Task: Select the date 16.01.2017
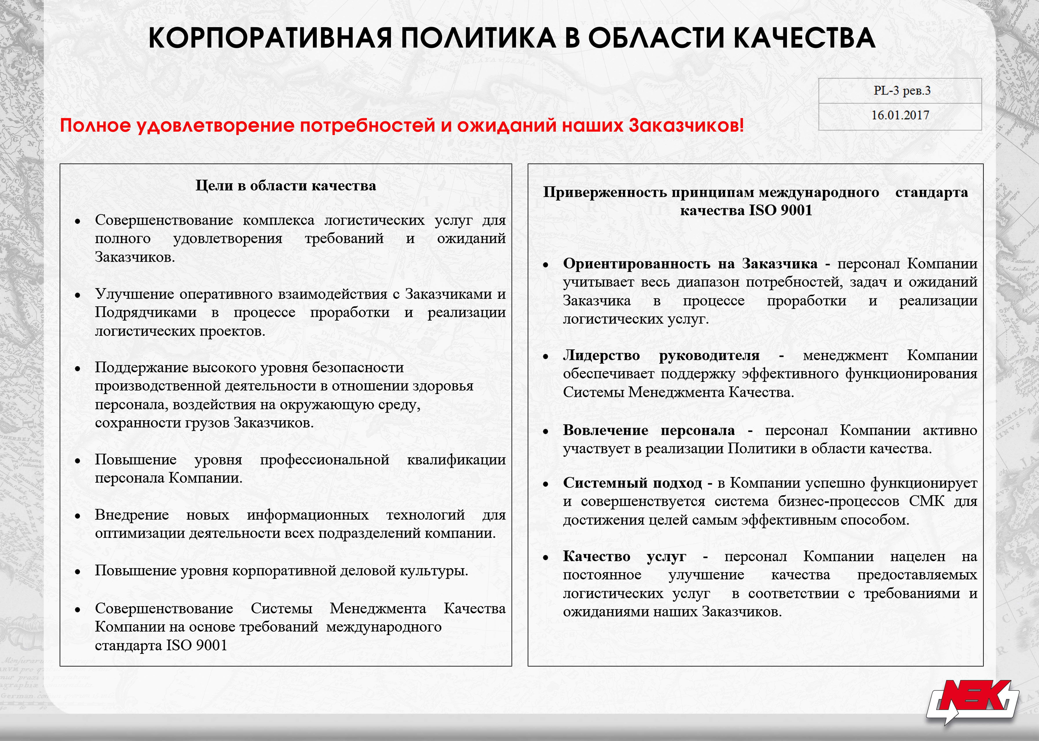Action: click(900, 115)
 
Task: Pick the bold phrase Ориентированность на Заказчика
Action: click(690, 264)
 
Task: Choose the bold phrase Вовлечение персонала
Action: click(649, 430)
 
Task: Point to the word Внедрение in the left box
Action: click(132, 515)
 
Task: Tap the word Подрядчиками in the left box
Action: click(145, 313)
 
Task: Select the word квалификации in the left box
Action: click(456, 459)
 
